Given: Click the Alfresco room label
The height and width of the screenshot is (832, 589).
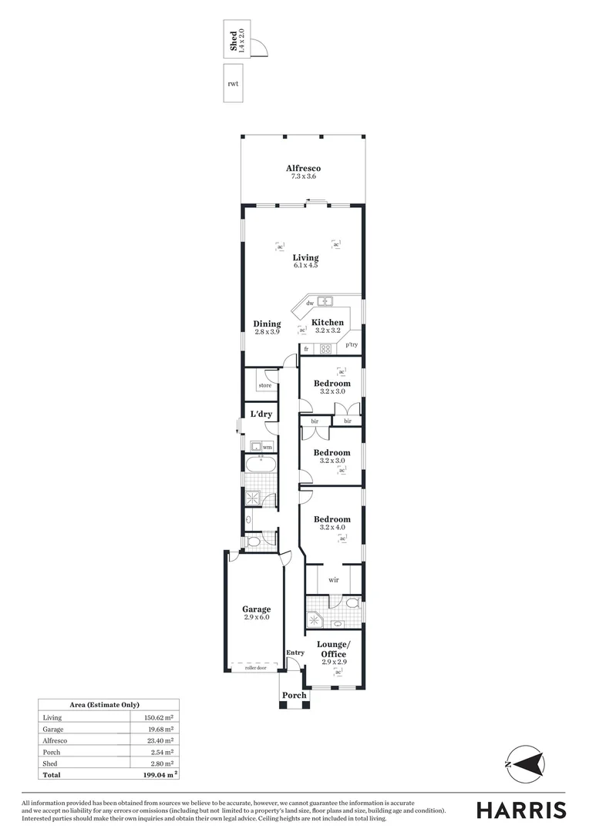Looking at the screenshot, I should [x=303, y=168].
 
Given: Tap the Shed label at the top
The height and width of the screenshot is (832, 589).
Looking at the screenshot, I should [x=234, y=41].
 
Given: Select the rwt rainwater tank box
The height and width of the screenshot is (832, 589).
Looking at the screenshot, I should [x=234, y=83].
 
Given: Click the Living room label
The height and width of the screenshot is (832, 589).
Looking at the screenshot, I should [x=305, y=257].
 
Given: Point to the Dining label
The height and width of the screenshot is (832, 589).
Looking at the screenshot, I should [x=267, y=324].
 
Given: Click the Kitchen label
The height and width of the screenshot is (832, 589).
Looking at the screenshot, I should [x=328, y=322].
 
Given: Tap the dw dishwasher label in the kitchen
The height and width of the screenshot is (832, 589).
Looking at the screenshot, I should [x=309, y=304].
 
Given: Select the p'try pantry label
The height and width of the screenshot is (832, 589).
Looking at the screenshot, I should [x=352, y=344].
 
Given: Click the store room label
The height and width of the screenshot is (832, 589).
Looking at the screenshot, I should [x=264, y=385].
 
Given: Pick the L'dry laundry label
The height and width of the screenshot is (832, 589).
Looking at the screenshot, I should [x=261, y=414].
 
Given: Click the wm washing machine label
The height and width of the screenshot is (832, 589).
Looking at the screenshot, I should [x=268, y=447].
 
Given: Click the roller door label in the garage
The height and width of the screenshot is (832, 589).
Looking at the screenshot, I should [x=255, y=668].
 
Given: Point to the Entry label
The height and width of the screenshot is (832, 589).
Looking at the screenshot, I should [x=294, y=653].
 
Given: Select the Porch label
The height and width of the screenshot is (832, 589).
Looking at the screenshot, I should [x=294, y=695].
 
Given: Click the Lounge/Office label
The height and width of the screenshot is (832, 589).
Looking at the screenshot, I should [x=334, y=649].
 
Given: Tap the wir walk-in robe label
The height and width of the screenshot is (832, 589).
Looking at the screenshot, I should [x=333, y=579].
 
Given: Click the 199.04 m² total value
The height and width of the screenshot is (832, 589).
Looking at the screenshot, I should [x=156, y=774].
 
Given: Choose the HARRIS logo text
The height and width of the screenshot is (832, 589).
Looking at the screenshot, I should [x=520, y=810].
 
